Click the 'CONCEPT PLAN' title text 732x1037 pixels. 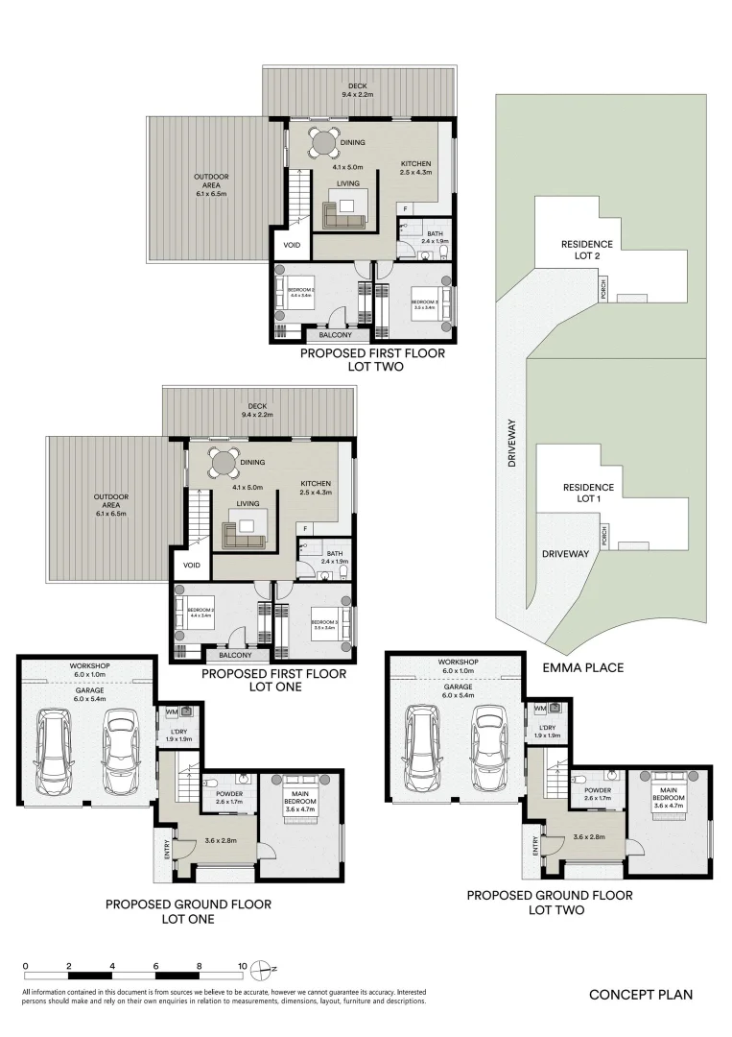click(x=640, y=995)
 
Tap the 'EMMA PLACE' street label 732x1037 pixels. click(x=583, y=667)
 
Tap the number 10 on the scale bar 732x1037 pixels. click(x=243, y=967)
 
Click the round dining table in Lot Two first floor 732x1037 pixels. click(x=324, y=143)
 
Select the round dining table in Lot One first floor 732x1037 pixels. click(x=224, y=463)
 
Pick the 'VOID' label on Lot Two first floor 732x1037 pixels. click(x=292, y=246)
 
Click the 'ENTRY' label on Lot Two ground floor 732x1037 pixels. click(x=534, y=845)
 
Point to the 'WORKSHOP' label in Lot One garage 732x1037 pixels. click(x=87, y=665)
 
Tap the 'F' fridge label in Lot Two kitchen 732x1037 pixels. click(x=405, y=208)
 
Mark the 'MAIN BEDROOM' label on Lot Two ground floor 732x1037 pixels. click(x=668, y=793)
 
